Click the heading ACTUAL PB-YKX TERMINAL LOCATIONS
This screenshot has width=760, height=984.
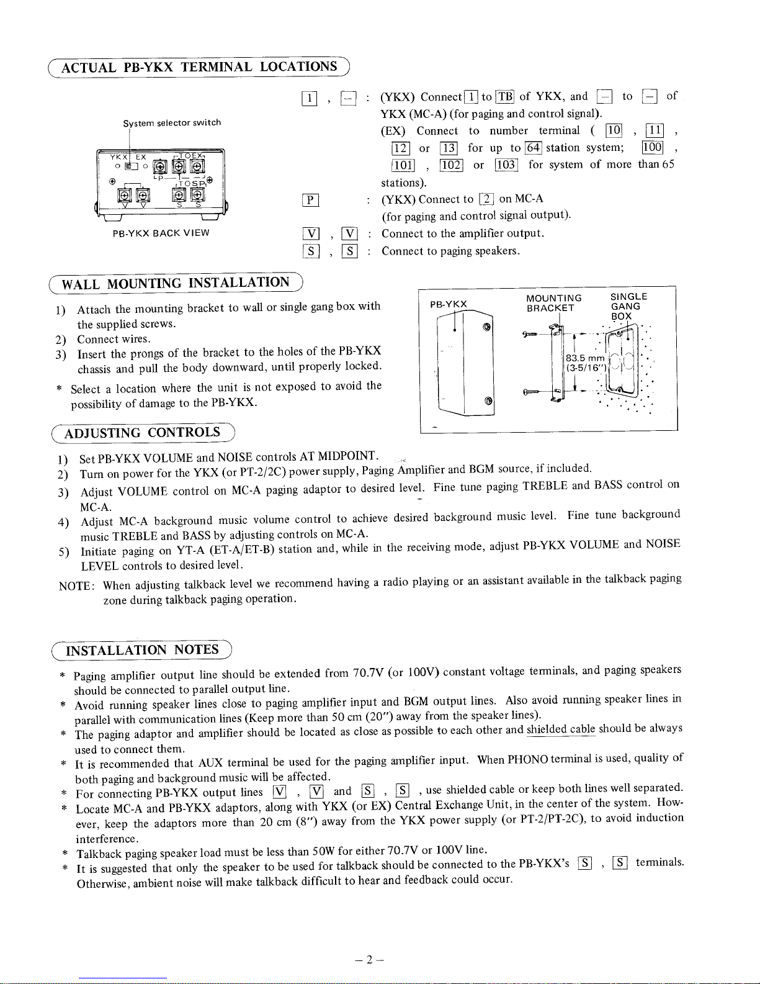coord(200,66)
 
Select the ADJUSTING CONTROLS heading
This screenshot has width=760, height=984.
coord(142,433)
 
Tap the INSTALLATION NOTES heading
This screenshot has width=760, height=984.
coord(142,650)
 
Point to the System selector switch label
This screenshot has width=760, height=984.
coord(172,122)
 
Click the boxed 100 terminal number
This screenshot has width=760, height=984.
coord(652,148)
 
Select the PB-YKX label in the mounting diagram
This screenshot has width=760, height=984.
coord(448,304)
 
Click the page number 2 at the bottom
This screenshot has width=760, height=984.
coord(368,960)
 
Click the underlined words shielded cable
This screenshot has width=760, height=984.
coord(561,729)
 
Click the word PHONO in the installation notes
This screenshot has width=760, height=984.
coord(529,759)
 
